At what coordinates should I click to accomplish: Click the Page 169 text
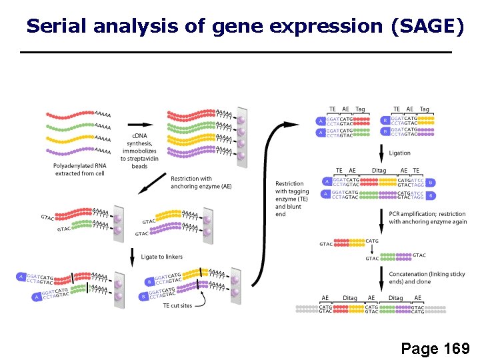tap(435, 348)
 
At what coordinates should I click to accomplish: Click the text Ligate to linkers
tap(161, 257)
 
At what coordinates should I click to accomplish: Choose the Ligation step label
tap(399, 153)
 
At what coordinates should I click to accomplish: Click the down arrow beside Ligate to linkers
tap(133, 257)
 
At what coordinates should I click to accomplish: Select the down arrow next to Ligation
tap(381, 153)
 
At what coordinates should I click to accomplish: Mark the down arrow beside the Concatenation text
tap(381, 277)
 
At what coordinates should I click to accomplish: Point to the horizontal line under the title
tap(236, 52)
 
